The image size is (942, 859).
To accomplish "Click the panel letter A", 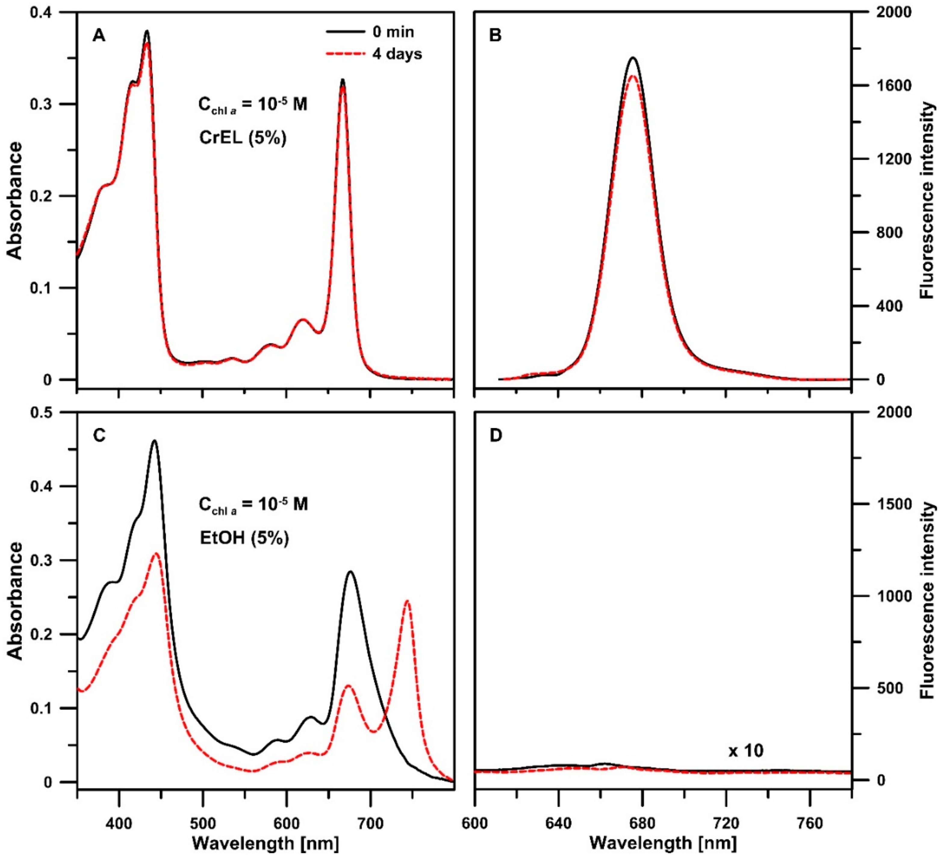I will point(98,36).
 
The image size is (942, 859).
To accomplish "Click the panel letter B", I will point(495,36).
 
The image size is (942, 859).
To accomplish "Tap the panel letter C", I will point(100,435).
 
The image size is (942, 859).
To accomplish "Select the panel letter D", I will point(495,435).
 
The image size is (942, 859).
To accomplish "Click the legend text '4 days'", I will point(397,54).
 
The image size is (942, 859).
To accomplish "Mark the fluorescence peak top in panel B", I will point(633,58).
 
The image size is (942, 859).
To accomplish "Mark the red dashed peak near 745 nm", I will point(407,601).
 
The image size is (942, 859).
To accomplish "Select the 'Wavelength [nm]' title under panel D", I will point(663,843).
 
